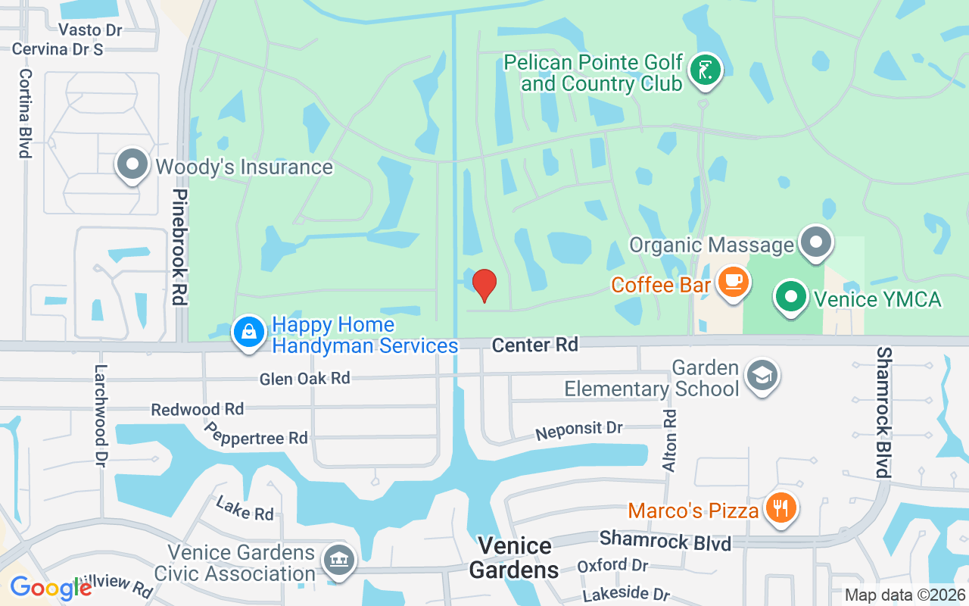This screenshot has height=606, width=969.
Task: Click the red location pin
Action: (484, 285)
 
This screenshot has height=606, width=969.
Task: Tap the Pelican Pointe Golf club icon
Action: (706, 70)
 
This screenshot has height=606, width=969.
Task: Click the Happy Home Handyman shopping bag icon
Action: (249, 333)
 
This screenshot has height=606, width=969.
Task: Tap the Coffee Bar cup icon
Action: (732, 282)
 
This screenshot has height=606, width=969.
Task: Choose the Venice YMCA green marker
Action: (792, 297)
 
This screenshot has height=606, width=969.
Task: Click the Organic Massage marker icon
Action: (815, 243)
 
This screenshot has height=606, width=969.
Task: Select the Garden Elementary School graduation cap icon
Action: (762, 375)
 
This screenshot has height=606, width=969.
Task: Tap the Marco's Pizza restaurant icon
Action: (780, 507)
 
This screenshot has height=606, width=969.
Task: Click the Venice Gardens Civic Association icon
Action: (338, 561)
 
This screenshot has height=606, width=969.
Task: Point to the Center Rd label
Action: (534, 345)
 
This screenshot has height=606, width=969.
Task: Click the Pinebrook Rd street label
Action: (179, 247)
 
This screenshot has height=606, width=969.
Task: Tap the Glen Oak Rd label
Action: (304, 378)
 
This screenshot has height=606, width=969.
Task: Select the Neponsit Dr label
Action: (578, 430)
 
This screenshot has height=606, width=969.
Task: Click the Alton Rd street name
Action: (669, 441)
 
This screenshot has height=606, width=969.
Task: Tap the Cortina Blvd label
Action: (26, 114)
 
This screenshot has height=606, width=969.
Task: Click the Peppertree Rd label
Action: (256, 433)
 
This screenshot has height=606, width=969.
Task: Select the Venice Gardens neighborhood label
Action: (514, 558)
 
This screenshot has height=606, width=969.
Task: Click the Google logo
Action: (50, 587)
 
